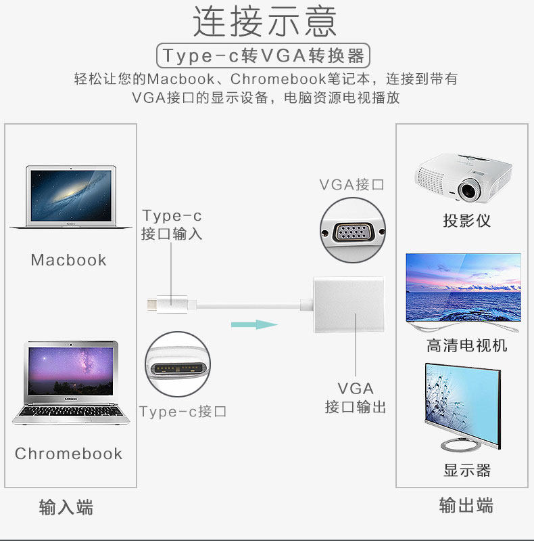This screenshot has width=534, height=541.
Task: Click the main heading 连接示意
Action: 265,22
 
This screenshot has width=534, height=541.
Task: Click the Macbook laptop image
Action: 70,197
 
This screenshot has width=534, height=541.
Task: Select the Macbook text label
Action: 69,260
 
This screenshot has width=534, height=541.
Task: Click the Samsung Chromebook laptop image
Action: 70,383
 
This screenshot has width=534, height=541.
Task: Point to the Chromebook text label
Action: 69,454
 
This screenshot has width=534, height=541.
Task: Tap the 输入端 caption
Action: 66,508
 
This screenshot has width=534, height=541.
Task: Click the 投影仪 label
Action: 466,221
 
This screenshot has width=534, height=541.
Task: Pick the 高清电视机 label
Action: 466,346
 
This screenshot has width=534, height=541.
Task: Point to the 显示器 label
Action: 466,470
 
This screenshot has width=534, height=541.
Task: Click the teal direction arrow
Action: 254,324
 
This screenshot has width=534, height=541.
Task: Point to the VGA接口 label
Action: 351,185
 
